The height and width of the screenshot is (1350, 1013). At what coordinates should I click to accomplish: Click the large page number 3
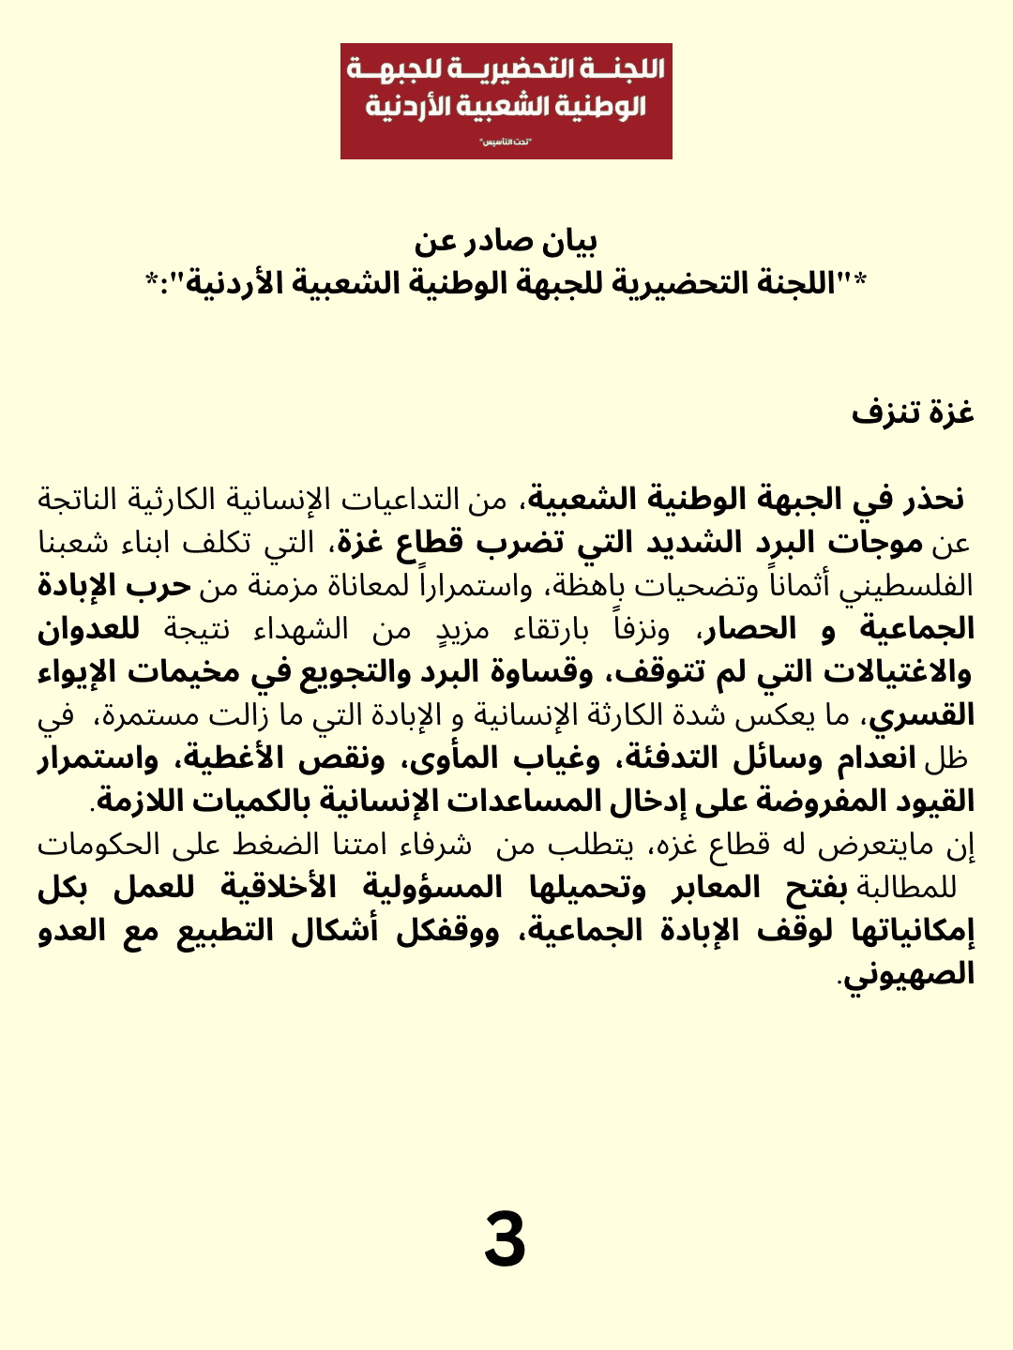pyautogui.click(x=505, y=1239)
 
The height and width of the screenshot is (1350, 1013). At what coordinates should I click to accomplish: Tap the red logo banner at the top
pyautogui.click(x=506, y=101)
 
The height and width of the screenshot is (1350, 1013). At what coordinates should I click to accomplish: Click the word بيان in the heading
pyautogui.click(x=570, y=242)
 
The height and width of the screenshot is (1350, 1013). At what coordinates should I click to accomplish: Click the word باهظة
pyautogui.click(x=582, y=587)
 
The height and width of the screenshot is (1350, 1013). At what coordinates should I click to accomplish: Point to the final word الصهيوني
pyautogui.click(x=908, y=975)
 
